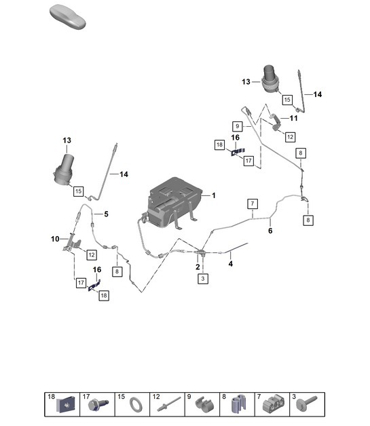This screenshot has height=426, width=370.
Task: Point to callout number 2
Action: tap(198, 267)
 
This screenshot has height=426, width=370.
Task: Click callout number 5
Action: tap(106, 214)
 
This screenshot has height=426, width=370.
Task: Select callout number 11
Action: tap(293, 118)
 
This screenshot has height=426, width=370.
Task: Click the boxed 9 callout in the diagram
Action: tap(237, 126)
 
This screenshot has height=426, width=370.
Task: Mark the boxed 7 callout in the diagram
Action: tap(252, 204)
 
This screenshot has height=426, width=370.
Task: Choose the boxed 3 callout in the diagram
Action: tap(202, 278)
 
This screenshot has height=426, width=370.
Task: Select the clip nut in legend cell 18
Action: tap(67, 406)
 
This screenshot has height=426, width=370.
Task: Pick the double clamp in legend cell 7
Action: tap(271, 406)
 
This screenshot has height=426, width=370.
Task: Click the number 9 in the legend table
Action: tap(190, 396)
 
